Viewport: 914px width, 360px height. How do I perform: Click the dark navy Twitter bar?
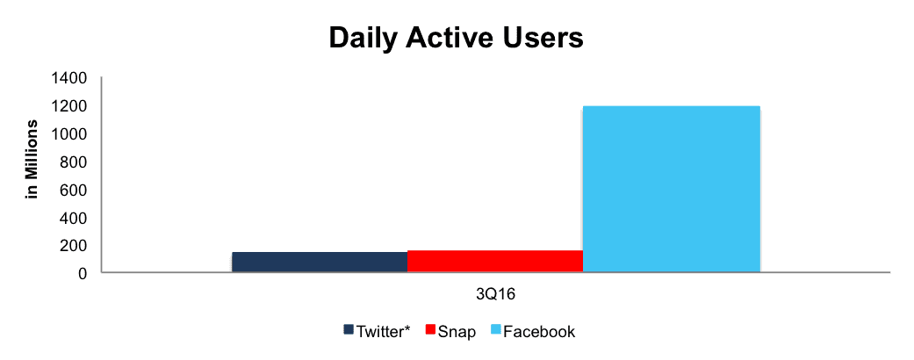320,262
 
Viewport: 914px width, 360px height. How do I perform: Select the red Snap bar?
495,261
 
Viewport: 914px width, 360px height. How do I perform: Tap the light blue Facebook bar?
672,189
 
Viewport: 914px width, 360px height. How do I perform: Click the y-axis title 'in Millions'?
32,159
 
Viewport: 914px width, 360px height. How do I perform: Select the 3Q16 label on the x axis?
496,295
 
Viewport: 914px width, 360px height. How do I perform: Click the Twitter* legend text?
384,331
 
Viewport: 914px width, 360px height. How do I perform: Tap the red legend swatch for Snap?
430,331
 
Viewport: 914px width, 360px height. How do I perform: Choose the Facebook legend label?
538,331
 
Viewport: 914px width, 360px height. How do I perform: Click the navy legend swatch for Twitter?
349,331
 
